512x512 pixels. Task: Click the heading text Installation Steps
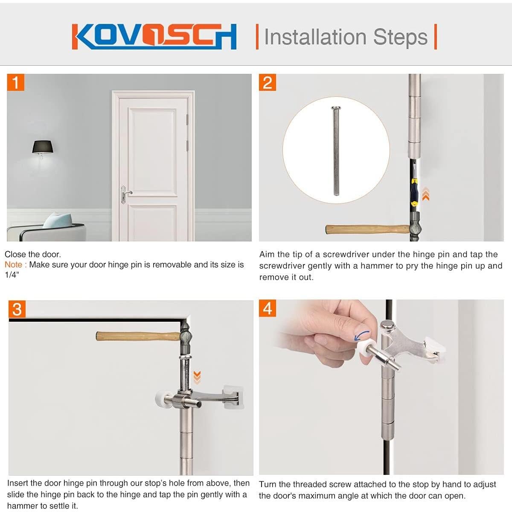tap(346, 37)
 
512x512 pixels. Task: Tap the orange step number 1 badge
tap(16, 82)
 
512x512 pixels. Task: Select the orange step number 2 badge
tap(268, 82)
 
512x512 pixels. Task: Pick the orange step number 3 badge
tap(17, 309)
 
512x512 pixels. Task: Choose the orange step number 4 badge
tap(268, 308)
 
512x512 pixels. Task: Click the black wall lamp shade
tap(42, 147)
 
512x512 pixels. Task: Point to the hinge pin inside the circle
tap(336, 151)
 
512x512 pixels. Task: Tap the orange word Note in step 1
tap(15, 265)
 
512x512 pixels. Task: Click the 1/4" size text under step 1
tap(12, 275)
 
